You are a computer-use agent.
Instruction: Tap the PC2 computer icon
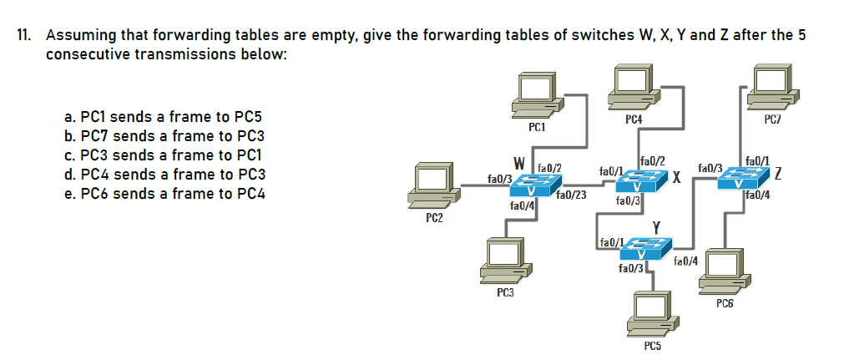[434, 185]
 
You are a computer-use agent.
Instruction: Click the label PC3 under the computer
[504, 292]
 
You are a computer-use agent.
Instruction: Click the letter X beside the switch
[679, 178]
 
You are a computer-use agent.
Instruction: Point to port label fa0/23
[570, 196]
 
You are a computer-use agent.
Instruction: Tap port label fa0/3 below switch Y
[630, 268]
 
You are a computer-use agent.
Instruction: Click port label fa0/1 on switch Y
[611, 242]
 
